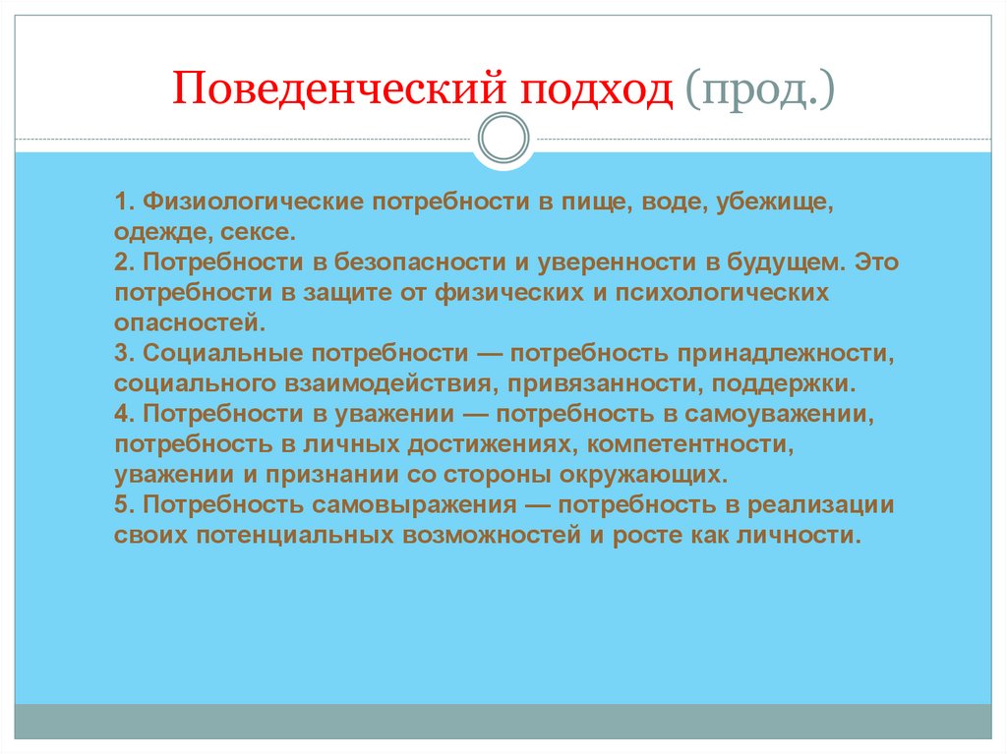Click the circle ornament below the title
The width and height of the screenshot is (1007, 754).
click(503, 139)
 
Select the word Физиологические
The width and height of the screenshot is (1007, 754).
click(254, 203)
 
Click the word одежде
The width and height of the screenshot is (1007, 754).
click(153, 233)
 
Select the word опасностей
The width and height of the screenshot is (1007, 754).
click(188, 321)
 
